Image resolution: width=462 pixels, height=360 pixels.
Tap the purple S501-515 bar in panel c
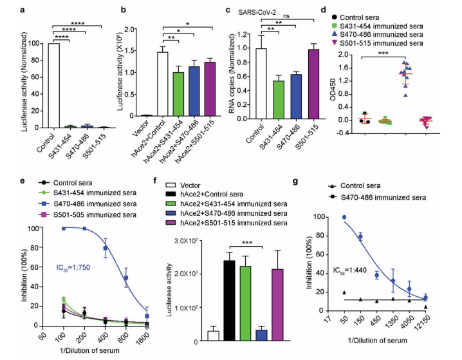pyautogui.click(x=314, y=83)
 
